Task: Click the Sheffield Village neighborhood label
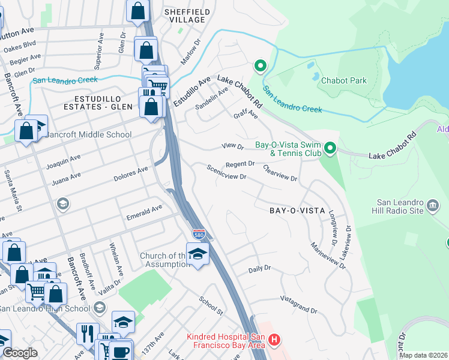187,16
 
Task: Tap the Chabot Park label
343,80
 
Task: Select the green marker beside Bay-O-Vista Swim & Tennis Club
330,148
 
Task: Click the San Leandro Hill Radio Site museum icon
433,207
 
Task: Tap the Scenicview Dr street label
227,173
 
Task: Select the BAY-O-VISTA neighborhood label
297,211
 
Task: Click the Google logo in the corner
20,353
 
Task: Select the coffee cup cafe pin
120,351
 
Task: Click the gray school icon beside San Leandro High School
100,308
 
